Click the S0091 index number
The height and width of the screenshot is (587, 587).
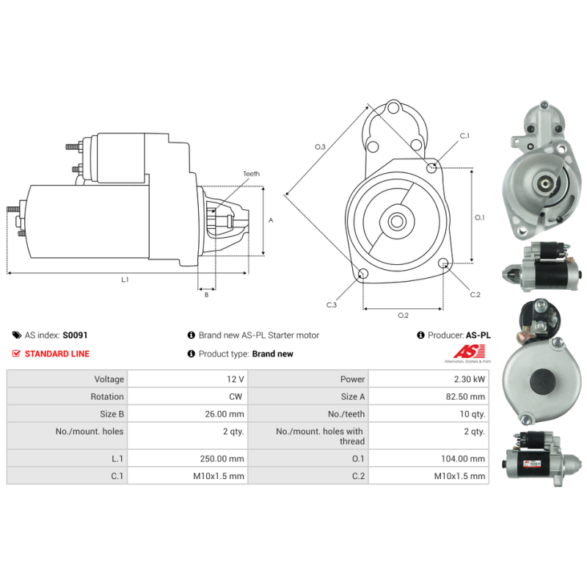[75, 335]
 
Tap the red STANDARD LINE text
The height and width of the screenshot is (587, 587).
[57, 354]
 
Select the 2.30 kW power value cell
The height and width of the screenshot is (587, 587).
[429, 379]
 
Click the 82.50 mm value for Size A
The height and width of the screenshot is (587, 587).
[465, 396]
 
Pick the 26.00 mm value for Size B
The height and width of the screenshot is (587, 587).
[225, 414]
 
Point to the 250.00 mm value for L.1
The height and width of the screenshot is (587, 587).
[222, 459]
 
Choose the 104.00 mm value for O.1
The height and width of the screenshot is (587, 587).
[463, 459]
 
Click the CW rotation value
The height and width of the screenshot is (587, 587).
[236, 396]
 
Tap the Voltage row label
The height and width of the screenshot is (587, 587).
[109, 379]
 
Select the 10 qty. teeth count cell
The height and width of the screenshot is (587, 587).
[429, 414]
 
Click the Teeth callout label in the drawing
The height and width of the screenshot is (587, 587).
[251, 174]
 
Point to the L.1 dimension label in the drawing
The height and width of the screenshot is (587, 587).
[125, 280]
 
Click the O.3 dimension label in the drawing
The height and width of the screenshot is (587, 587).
[320, 147]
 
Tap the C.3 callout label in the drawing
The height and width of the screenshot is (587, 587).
[332, 305]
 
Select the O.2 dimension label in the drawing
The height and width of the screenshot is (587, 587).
[403, 316]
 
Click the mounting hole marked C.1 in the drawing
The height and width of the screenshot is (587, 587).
[431, 168]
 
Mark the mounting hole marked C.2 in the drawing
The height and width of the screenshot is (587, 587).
[443, 263]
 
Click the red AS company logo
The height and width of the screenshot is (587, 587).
[469, 353]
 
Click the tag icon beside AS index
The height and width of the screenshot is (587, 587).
[16, 335]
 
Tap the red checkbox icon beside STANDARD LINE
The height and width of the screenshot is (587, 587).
[16, 354]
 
